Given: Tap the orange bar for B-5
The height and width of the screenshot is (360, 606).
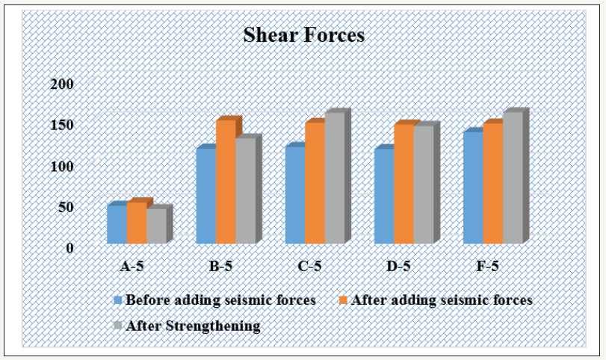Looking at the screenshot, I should coord(226,182).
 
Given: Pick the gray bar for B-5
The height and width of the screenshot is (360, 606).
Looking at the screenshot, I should coord(245,191).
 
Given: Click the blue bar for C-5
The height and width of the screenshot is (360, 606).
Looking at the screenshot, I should coord(294,195).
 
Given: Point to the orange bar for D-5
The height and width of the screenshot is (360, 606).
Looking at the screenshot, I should coord(404,184).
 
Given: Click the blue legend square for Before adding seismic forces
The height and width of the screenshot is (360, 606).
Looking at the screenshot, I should coord(118,300).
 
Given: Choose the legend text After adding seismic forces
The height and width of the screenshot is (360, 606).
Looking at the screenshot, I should coord(441,300).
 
